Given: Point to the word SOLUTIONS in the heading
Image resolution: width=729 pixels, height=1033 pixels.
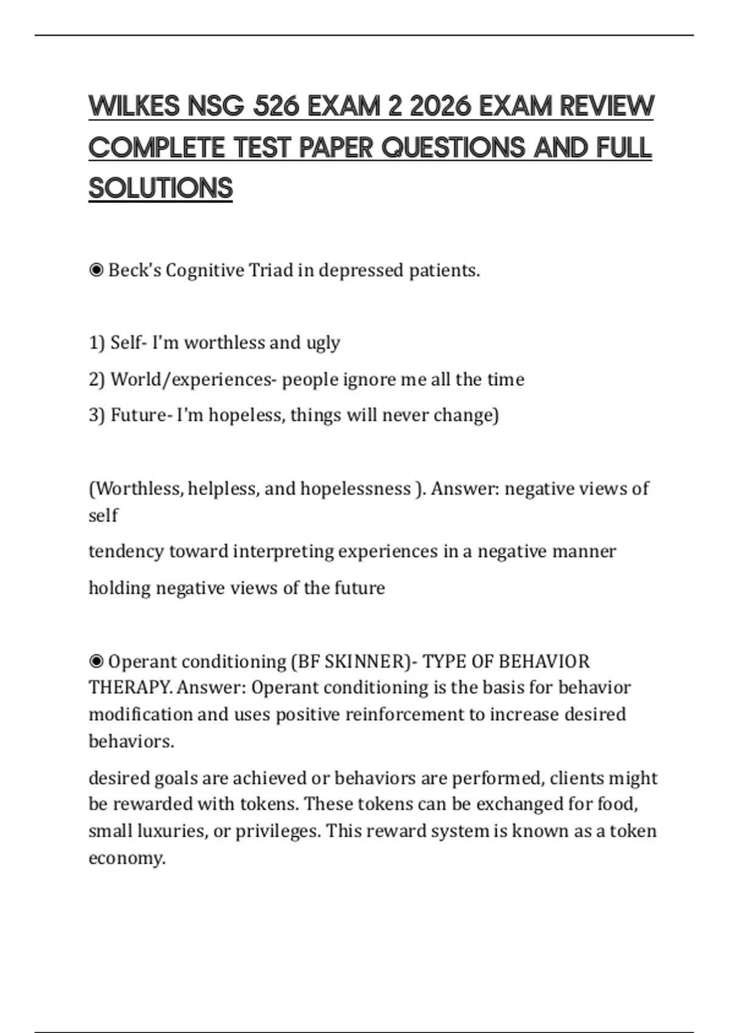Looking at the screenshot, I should (160, 188).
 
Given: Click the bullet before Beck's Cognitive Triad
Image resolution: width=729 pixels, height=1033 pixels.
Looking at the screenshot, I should (96, 270).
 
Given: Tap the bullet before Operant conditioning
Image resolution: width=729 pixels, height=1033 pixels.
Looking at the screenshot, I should (96, 661).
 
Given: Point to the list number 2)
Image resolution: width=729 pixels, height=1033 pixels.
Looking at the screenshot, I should (97, 379).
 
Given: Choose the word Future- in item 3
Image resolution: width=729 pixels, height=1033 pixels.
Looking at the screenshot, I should (139, 415).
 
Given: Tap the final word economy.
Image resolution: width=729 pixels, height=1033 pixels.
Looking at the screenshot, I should (127, 858).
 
